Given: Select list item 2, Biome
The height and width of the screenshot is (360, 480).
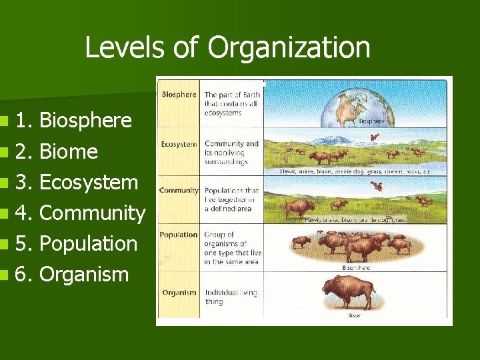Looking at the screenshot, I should (x=69, y=151).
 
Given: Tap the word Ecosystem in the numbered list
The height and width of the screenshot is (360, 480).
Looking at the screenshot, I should (x=89, y=182).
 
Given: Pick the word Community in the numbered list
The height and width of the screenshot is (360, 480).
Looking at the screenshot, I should (x=92, y=213).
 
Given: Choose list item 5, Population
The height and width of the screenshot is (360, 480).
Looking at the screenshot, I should (x=89, y=243).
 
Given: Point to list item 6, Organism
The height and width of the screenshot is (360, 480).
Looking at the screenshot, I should (x=84, y=274).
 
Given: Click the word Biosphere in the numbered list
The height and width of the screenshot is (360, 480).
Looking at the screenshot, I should (x=85, y=121).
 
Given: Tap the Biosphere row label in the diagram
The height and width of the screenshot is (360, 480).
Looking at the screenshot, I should (x=179, y=95).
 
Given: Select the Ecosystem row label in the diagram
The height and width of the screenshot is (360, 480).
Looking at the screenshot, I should (x=179, y=144).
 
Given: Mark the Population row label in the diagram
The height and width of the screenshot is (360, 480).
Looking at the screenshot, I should (x=179, y=235).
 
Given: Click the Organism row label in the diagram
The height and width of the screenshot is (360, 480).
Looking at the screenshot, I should (x=179, y=292).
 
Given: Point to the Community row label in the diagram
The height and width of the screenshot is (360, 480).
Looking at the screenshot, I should (x=179, y=191).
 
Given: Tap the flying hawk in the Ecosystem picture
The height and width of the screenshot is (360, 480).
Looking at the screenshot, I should (x=375, y=138).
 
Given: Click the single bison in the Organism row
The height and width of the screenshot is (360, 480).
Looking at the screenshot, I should (x=349, y=292).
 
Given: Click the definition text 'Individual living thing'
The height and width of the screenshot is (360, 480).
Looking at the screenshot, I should (x=231, y=297).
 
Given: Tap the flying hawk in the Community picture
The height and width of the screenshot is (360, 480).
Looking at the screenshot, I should (x=378, y=186).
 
